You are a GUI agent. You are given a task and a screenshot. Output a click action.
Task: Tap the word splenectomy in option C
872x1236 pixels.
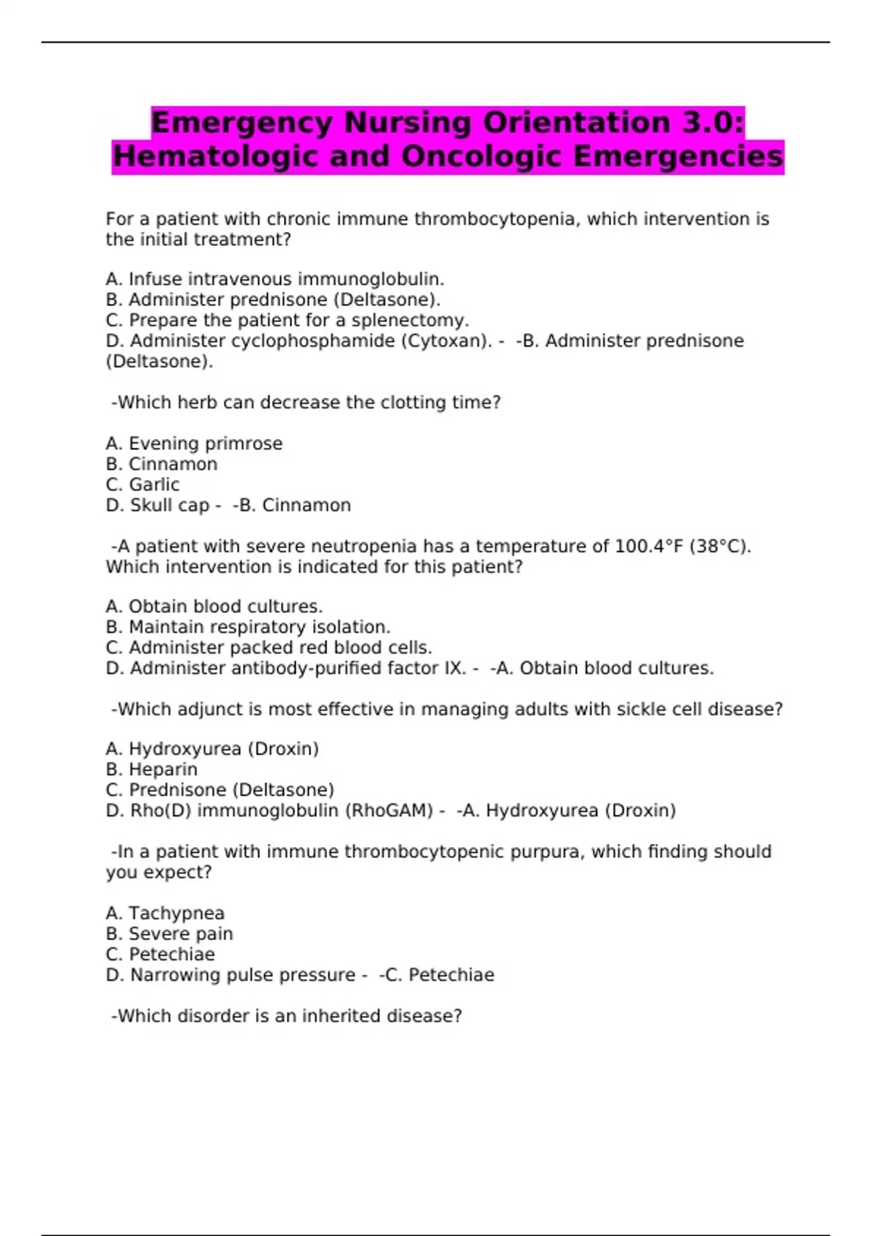[x=410, y=321]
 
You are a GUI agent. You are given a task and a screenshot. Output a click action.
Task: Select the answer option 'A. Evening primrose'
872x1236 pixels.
[x=194, y=444]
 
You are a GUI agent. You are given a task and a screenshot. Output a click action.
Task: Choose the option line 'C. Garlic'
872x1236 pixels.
[x=142, y=485]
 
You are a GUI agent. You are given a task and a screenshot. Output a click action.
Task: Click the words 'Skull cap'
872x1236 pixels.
[x=169, y=505]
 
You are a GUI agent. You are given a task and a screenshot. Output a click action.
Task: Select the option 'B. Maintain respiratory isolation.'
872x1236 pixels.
[x=248, y=627]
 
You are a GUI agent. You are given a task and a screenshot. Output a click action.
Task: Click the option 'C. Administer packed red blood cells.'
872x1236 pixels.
[x=269, y=648]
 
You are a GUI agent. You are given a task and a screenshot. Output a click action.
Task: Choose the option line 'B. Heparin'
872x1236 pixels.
[x=151, y=769]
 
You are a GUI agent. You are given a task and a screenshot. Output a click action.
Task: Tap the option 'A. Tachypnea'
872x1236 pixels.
[x=165, y=913]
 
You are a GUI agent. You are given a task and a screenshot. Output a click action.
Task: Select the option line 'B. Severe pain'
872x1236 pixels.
[x=169, y=934]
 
